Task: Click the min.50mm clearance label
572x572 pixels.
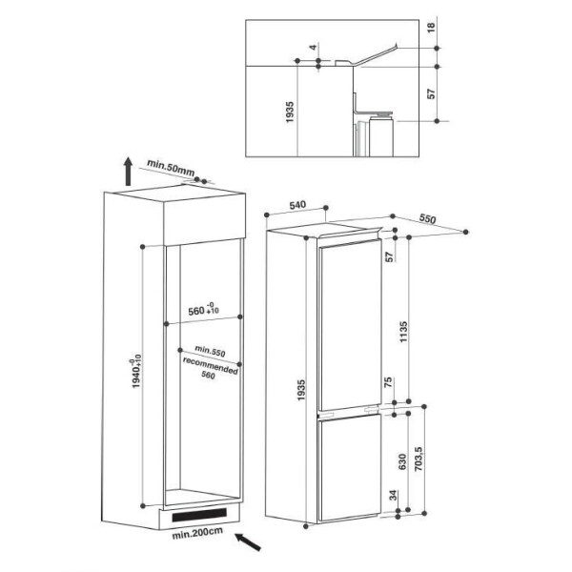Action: [171, 169]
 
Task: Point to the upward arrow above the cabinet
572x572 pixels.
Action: [128, 172]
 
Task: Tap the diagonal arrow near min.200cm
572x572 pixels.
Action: [248, 541]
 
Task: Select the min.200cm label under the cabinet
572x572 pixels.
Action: [197, 533]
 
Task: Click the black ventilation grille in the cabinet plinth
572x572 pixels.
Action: [199, 515]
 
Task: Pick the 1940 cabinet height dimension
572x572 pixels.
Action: [136, 372]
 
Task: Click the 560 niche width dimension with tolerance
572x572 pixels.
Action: [203, 309]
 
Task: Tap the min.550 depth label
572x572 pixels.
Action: [210, 351]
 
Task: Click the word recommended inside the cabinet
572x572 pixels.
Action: [211, 365]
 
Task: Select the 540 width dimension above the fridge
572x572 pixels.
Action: [297, 205]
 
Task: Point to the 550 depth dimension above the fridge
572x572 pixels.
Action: [427, 218]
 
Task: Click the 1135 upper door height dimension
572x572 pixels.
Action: [403, 332]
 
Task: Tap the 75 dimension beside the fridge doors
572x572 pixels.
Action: [388, 382]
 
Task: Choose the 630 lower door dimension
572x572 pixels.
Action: [402, 461]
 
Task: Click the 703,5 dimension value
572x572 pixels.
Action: [419, 459]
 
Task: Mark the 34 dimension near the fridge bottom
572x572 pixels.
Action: [393, 496]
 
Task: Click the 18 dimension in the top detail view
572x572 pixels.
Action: [431, 28]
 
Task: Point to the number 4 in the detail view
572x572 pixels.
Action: [313, 47]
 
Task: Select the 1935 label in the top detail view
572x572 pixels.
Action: [290, 112]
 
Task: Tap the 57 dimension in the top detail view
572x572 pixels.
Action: [432, 93]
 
